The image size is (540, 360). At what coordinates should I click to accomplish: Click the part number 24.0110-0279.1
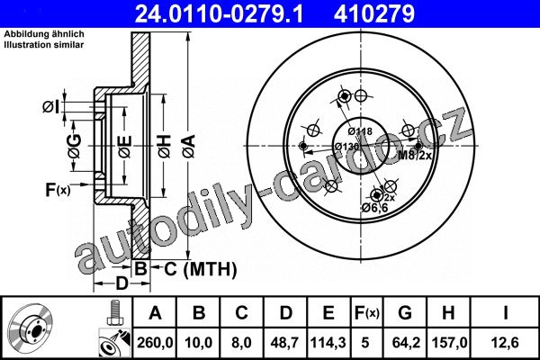(219, 13)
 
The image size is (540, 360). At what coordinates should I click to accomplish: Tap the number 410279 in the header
(374, 13)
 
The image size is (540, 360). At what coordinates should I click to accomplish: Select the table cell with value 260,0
(155, 343)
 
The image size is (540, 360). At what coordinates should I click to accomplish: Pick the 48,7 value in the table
(285, 343)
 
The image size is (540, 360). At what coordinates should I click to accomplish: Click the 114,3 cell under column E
(328, 343)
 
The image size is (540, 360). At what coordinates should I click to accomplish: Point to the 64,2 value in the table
(406, 343)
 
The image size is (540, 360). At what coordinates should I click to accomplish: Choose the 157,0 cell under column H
(449, 343)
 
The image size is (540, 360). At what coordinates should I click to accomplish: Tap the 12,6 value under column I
(505, 343)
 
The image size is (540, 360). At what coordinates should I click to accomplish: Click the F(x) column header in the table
(367, 313)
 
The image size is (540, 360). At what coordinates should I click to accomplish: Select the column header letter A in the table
(155, 313)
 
